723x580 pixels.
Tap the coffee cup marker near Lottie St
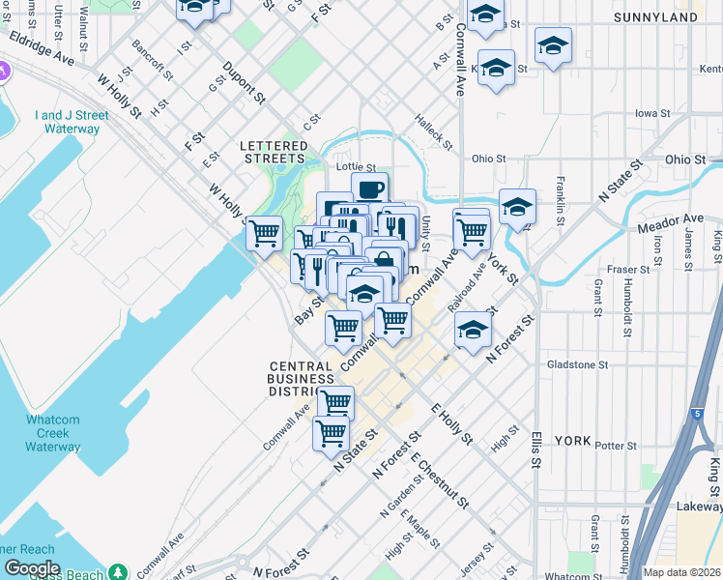369,188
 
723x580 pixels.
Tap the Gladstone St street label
577,365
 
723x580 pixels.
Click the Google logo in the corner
31,568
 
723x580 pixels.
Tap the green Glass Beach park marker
117,572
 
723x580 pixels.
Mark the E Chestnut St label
439,480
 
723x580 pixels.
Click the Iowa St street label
653,113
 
